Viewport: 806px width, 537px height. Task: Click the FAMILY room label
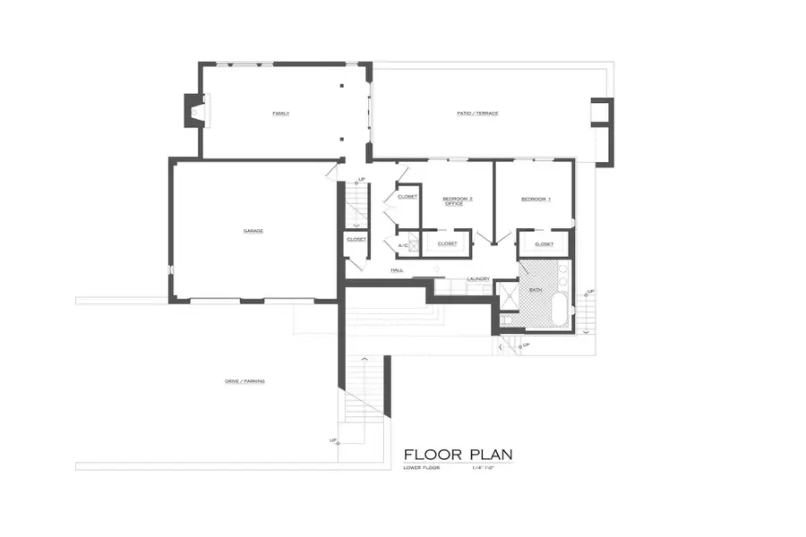pyautogui.click(x=281, y=114)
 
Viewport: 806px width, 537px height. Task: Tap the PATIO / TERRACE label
pyautogui.click(x=476, y=114)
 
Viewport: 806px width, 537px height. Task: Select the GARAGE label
pyautogui.click(x=253, y=231)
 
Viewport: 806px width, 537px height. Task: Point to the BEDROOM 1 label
pyautogui.click(x=536, y=199)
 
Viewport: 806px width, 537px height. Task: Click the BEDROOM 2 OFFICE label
pyautogui.click(x=458, y=200)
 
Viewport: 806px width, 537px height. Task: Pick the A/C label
pyautogui.click(x=402, y=243)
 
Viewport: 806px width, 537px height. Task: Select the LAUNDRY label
pyautogui.click(x=477, y=279)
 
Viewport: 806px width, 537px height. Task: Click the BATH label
pyautogui.click(x=536, y=290)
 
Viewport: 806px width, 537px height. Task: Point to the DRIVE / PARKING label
pyautogui.click(x=244, y=381)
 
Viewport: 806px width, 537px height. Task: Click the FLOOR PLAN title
pyautogui.click(x=458, y=455)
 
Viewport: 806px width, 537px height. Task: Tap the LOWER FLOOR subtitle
pyautogui.click(x=421, y=468)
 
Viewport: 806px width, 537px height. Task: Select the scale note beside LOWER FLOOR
pyautogui.click(x=484, y=468)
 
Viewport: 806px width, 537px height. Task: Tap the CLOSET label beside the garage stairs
pyautogui.click(x=356, y=239)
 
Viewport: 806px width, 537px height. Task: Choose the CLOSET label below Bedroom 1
pyautogui.click(x=544, y=243)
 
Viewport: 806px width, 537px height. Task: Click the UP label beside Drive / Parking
pyautogui.click(x=333, y=440)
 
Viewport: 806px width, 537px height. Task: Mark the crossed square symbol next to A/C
pyautogui.click(x=415, y=243)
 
